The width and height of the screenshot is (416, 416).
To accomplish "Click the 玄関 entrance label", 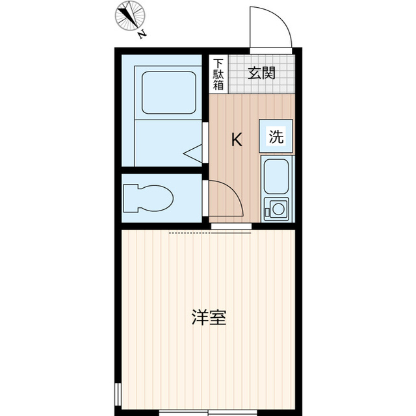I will [x=261, y=71].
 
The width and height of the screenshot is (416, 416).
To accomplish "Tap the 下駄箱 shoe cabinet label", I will [x=218, y=73].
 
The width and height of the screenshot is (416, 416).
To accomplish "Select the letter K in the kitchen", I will [x=237, y=140].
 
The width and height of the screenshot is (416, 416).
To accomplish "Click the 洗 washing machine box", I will [x=276, y=137].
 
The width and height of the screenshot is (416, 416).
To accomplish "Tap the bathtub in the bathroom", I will [x=169, y=92].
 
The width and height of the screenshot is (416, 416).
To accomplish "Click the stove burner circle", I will [x=278, y=209].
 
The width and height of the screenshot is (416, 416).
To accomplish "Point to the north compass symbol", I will [x=131, y=16].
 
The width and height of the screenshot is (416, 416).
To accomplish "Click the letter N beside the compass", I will [x=142, y=36].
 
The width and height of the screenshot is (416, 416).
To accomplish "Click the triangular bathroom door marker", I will [x=194, y=153].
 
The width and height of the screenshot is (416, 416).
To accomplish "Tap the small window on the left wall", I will [x=118, y=394].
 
